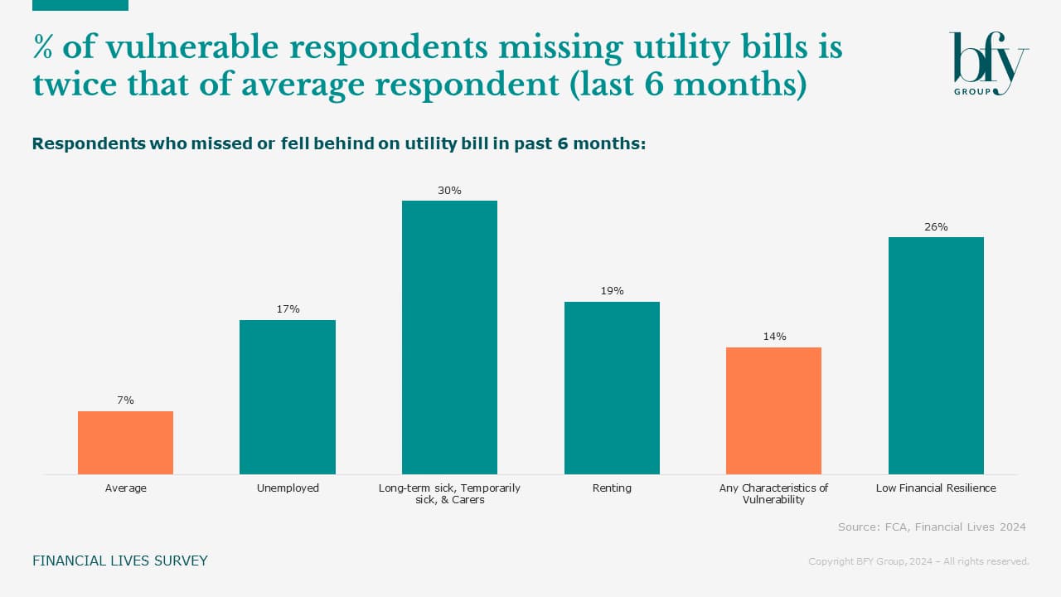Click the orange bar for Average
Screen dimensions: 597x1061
coord(125,443)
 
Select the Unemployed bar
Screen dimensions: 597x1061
coord(288,397)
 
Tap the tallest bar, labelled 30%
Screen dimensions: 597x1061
coord(449,337)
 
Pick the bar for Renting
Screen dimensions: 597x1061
coord(612,388)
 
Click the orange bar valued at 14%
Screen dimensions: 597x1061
coord(773,410)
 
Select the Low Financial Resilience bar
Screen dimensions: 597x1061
coord(936,356)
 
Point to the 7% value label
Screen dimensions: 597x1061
coord(125,400)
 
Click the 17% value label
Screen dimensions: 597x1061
coord(288,309)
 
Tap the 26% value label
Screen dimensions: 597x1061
coord(936,226)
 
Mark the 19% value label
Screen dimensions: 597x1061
coord(612,291)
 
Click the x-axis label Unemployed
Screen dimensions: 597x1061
coord(288,488)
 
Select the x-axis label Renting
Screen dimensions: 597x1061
coord(612,488)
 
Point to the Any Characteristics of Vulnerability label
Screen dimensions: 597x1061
coord(773,494)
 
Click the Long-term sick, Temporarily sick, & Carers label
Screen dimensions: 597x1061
coord(449,494)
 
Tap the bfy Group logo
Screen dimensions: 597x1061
coord(988,64)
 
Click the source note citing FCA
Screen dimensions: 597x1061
coord(932,527)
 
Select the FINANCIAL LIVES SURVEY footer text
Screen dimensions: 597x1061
coord(120,561)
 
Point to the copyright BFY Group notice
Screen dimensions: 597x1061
coord(918,562)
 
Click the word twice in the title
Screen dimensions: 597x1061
coord(69,85)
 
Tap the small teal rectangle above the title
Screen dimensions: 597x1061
coord(80,5)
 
